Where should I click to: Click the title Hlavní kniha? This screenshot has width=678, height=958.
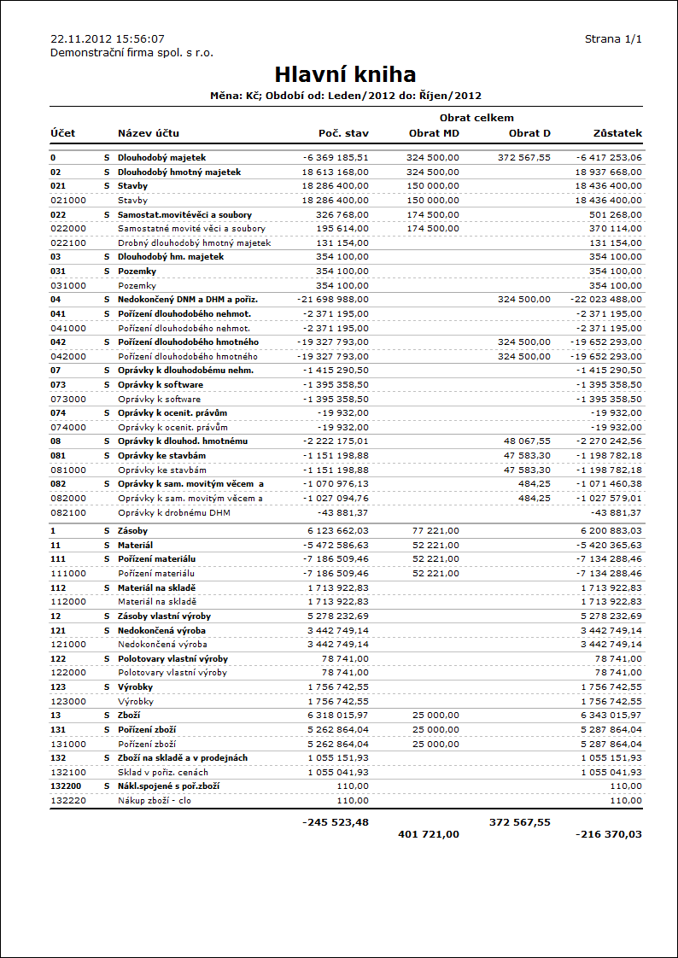[x=345, y=74]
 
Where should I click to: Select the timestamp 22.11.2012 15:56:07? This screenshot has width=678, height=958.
[x=108, y=39]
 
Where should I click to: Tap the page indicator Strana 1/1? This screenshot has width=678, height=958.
[x=613, y=39]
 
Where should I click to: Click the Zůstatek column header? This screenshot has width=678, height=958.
[x=617, y=133]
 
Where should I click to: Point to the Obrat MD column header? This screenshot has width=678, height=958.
[x=435, y=133]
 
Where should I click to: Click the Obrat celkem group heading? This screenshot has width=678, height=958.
[x=476, y=118]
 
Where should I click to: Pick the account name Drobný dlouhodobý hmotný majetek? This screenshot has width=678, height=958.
[x=194, y=242]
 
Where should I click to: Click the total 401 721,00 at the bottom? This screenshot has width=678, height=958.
[x=429, y=834]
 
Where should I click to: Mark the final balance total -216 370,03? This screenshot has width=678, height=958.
[x=609, y=834]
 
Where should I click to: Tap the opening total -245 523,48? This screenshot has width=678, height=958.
[x=335, y=822]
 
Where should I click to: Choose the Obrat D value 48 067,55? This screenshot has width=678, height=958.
[x=527, y=441]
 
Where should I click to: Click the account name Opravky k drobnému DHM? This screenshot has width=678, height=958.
[x=173, y=512]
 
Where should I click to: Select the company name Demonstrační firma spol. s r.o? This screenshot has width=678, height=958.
[x=132, y=53]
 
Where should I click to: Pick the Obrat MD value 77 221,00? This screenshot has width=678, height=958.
[x=435, y=531]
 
